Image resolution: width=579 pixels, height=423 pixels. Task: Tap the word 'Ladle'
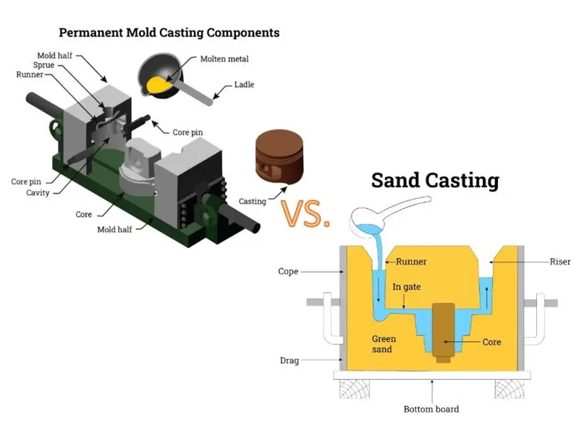click(x=244, y=85)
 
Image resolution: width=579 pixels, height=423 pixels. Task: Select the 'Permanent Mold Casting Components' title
click(x=169, y=33)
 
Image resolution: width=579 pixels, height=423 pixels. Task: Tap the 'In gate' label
click(x=407, y=287)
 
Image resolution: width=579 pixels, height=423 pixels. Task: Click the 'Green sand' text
click(x=384, y=343)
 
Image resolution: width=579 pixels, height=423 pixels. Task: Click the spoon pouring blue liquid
click(x=391, y=210)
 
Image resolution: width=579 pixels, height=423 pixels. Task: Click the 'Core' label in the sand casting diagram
click(x=491, y=341)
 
